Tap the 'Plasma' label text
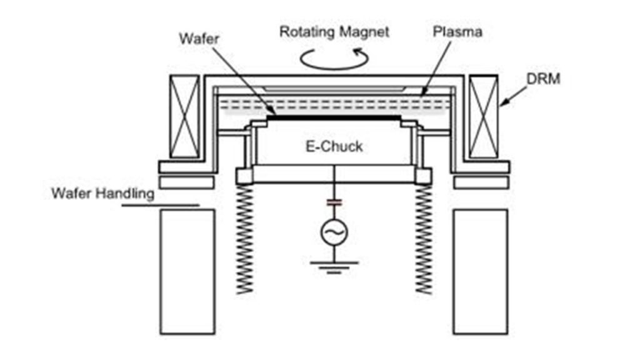(x=457, y=31)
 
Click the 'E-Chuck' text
(x=334, y=147)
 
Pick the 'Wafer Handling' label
(x=102, y=193)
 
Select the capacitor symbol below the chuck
(x=334, y=202)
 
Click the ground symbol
(x=334, y=266)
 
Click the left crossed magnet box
(x=184, y=116)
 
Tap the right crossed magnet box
(x=484, y=116)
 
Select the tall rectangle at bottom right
(x=480, y=272)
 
